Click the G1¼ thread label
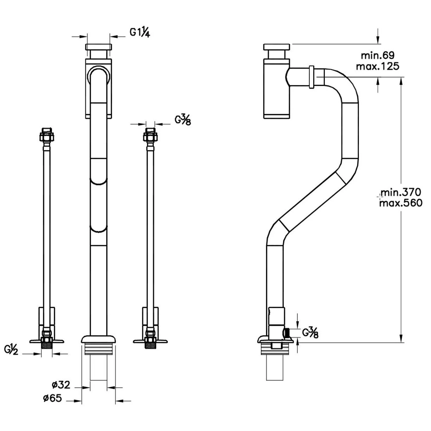(140, 32)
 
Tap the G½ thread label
(11, 350)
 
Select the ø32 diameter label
(61, 384)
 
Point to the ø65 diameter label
(53, 398)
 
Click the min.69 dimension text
(378, 55)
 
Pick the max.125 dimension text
(378, 66)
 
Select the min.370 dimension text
(401, 192)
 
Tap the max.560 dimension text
(401, 203)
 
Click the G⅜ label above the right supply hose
(183, 120)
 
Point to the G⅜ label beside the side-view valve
(310, 333)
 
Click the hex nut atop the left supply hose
(47, 135)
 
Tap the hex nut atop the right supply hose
(150, 135)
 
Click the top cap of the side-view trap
(276, 47)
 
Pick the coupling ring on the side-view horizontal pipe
(311, 77)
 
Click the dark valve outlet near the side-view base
(287, 333)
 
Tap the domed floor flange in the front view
(99, 339)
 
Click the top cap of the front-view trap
(99, 47)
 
